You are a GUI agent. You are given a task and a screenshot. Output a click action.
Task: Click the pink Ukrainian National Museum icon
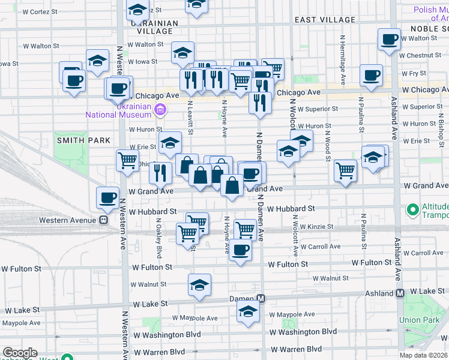(x=160, y=109)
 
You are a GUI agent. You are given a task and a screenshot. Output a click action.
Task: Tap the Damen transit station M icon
(x=261, y=299)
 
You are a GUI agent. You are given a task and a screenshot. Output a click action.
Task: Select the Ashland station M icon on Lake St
(x=400, y=293)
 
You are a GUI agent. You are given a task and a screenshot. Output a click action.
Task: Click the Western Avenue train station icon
(x=103, y=220)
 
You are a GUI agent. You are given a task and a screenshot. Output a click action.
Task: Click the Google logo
(x=19, y=353)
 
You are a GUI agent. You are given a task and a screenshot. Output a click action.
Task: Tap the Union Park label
(x=420, y=320)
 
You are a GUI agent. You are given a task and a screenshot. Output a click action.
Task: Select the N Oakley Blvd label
(x=159, y=237)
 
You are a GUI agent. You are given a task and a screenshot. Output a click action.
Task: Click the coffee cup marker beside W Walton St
(x=389, y=40)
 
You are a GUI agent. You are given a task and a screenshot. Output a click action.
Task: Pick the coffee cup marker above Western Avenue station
(x=108, y=197)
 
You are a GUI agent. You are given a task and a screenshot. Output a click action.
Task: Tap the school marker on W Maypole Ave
(x=247, y=311)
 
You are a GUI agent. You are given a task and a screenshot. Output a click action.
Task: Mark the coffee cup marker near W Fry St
(x=371, y=76)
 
